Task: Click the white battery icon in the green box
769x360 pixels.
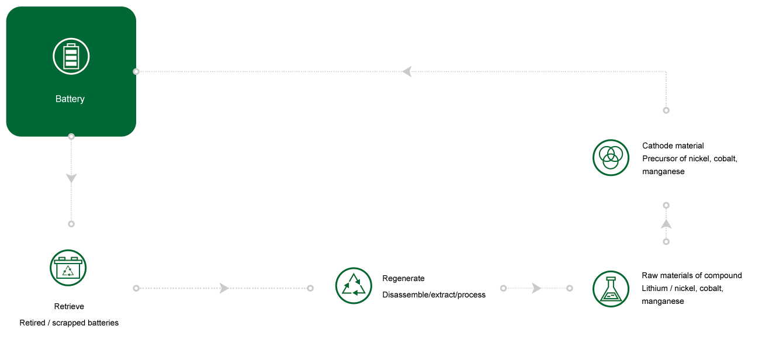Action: pos(71,56)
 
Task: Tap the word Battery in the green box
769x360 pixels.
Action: pos(70,99)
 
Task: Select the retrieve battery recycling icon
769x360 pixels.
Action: pos(68,268)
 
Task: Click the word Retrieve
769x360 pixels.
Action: pos(69,307)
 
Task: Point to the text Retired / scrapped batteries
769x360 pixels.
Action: pos(69,323)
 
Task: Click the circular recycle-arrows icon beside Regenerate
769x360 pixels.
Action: pos(354,286)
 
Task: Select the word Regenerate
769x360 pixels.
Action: pos(403,279)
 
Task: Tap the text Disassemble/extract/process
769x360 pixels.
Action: pos(434,295)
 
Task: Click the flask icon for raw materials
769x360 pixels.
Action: pos(611,289)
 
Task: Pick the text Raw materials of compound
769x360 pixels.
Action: pos(691,276)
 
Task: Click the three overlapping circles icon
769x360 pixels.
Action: pos(611,157)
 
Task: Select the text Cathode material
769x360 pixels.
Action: pos(673,146)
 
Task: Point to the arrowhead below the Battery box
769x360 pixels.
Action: pos(71,178)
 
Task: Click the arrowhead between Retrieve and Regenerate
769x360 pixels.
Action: pos(223,288)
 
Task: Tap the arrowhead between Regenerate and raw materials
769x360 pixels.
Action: pos(536,288)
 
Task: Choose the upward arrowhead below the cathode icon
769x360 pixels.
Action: pos(666,224)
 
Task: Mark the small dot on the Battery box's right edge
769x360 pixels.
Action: pos(136,71)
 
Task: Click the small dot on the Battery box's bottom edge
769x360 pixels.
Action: pos(71,136)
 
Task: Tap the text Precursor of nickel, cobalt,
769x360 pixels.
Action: pos(690,159)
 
